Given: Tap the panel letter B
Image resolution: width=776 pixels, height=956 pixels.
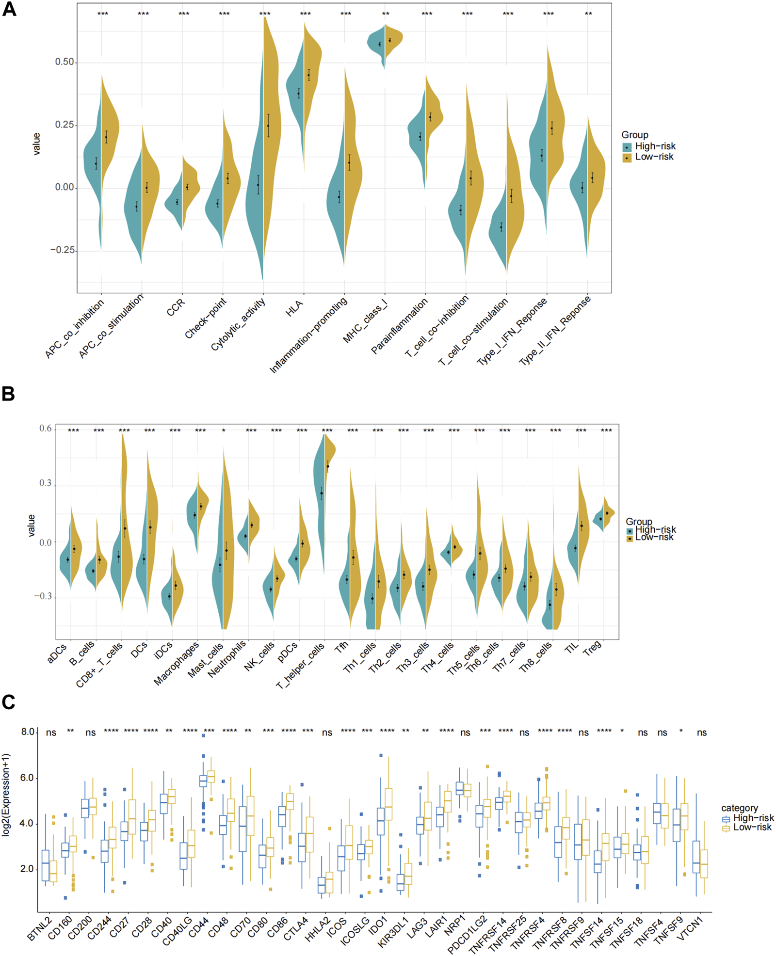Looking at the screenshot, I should [8, 394].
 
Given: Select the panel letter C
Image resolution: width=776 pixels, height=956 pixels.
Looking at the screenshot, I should [8, 702].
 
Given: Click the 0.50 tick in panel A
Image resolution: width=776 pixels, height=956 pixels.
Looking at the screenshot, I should [65, 62].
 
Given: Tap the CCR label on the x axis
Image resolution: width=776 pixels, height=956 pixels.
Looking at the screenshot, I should [176, 308].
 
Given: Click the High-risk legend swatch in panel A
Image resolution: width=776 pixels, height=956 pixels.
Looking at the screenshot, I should [627, 147].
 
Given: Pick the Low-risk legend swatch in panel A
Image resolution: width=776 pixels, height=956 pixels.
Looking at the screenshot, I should [627, 158].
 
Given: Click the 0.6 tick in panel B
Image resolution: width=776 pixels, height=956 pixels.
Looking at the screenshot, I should [46, 429].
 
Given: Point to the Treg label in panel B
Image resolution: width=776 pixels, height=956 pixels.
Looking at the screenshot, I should [593, 648].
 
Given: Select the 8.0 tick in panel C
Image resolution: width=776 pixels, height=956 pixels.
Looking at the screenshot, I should [28, 732].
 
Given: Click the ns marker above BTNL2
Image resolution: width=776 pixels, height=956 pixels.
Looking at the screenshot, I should [51, 733].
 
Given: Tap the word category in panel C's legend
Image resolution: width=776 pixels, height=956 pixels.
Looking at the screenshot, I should [739, 808].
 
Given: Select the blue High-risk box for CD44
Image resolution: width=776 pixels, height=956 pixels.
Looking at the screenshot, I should [203, 781].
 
